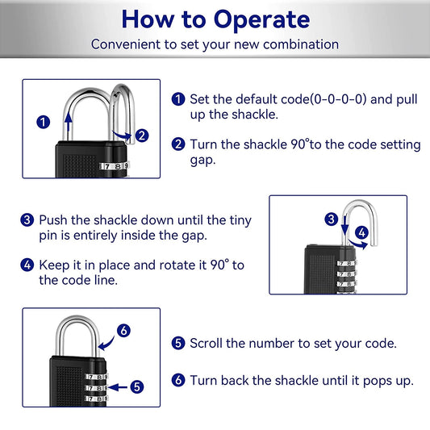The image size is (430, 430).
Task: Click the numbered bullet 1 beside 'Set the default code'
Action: point(178,98)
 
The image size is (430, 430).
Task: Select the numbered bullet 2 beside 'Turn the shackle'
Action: point(178,144)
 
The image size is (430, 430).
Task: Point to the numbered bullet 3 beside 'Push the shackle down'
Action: point(27,219)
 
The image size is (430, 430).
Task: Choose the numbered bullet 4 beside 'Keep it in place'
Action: point(27,265)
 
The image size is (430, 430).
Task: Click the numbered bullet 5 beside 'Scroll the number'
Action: point(178,343)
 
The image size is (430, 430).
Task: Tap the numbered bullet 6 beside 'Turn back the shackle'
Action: point(178,379)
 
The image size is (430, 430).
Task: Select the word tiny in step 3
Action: point(238,219)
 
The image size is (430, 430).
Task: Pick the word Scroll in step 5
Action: point(207,343)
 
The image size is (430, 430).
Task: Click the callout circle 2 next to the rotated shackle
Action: point(142,136)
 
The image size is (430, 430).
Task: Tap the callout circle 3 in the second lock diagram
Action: point(331,219)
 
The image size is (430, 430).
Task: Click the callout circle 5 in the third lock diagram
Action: point(137,386)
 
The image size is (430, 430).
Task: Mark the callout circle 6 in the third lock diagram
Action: point(123,330)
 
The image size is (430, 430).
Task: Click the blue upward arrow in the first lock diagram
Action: point(67,129)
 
